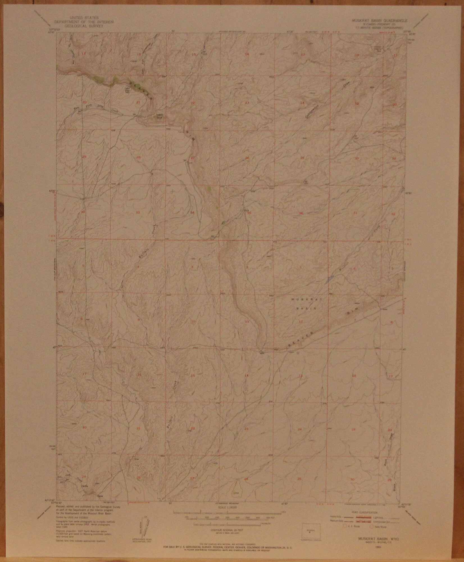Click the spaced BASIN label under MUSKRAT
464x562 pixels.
308,308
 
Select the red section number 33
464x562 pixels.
137,213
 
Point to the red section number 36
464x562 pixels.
301,213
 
